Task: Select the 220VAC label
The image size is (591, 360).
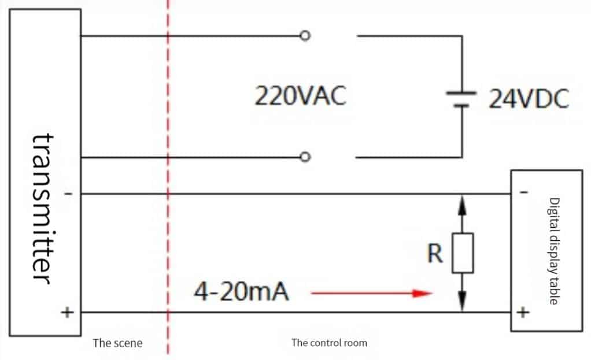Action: pos(300,97)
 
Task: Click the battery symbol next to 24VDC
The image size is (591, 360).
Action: pos(461,98)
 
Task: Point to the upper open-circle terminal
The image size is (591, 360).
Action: pos(305,36)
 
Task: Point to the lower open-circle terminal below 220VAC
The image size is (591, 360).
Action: pos(305,157)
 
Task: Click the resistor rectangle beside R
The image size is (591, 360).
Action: pos(462,253)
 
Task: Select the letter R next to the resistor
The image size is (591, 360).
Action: pos(435,254)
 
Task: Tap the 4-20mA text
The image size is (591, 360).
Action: pos(241,293)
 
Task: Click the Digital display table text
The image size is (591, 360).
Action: pos(553,251)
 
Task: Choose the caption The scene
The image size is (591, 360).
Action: pos(117,343)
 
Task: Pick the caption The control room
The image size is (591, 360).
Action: pos(329,343)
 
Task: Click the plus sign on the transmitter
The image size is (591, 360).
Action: pos(68,313)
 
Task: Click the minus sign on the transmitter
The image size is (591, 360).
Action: pos(68,194)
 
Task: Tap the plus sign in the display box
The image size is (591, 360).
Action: pos(522,313)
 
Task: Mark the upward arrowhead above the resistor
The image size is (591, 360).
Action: pos(462,203)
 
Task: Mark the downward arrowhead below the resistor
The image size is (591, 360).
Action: pos(462,302)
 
